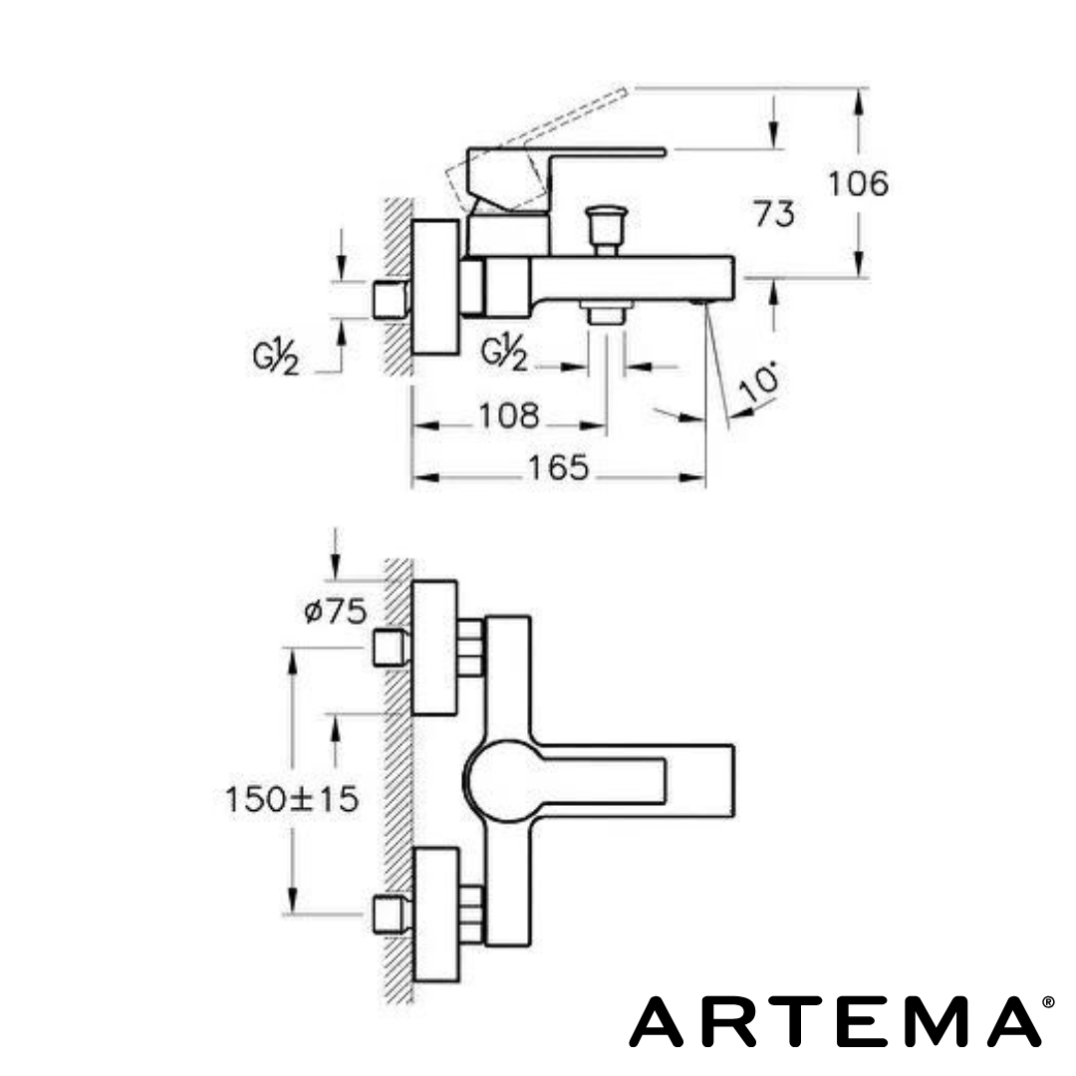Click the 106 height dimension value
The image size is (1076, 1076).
(x=858, y=184)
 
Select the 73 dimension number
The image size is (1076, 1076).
(x=774, y=213)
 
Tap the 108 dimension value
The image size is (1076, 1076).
(x=509, y=415)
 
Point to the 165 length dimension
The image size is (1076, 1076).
(x=559, y=468)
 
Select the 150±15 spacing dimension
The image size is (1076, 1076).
(x=291, y=798)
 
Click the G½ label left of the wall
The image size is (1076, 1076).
(x=276, y=356)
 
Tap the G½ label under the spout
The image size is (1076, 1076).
(x=504, y=354)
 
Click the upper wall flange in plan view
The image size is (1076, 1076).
(x=434, y=648)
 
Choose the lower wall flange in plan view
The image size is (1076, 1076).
(x=434, y=913)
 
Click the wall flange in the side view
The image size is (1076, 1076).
(x=436, y=287)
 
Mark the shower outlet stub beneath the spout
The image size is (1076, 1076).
(x=606, y=312)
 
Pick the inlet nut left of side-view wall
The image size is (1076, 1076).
(x=390, y=299)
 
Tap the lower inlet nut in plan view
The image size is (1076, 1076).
(x=390, y=913)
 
